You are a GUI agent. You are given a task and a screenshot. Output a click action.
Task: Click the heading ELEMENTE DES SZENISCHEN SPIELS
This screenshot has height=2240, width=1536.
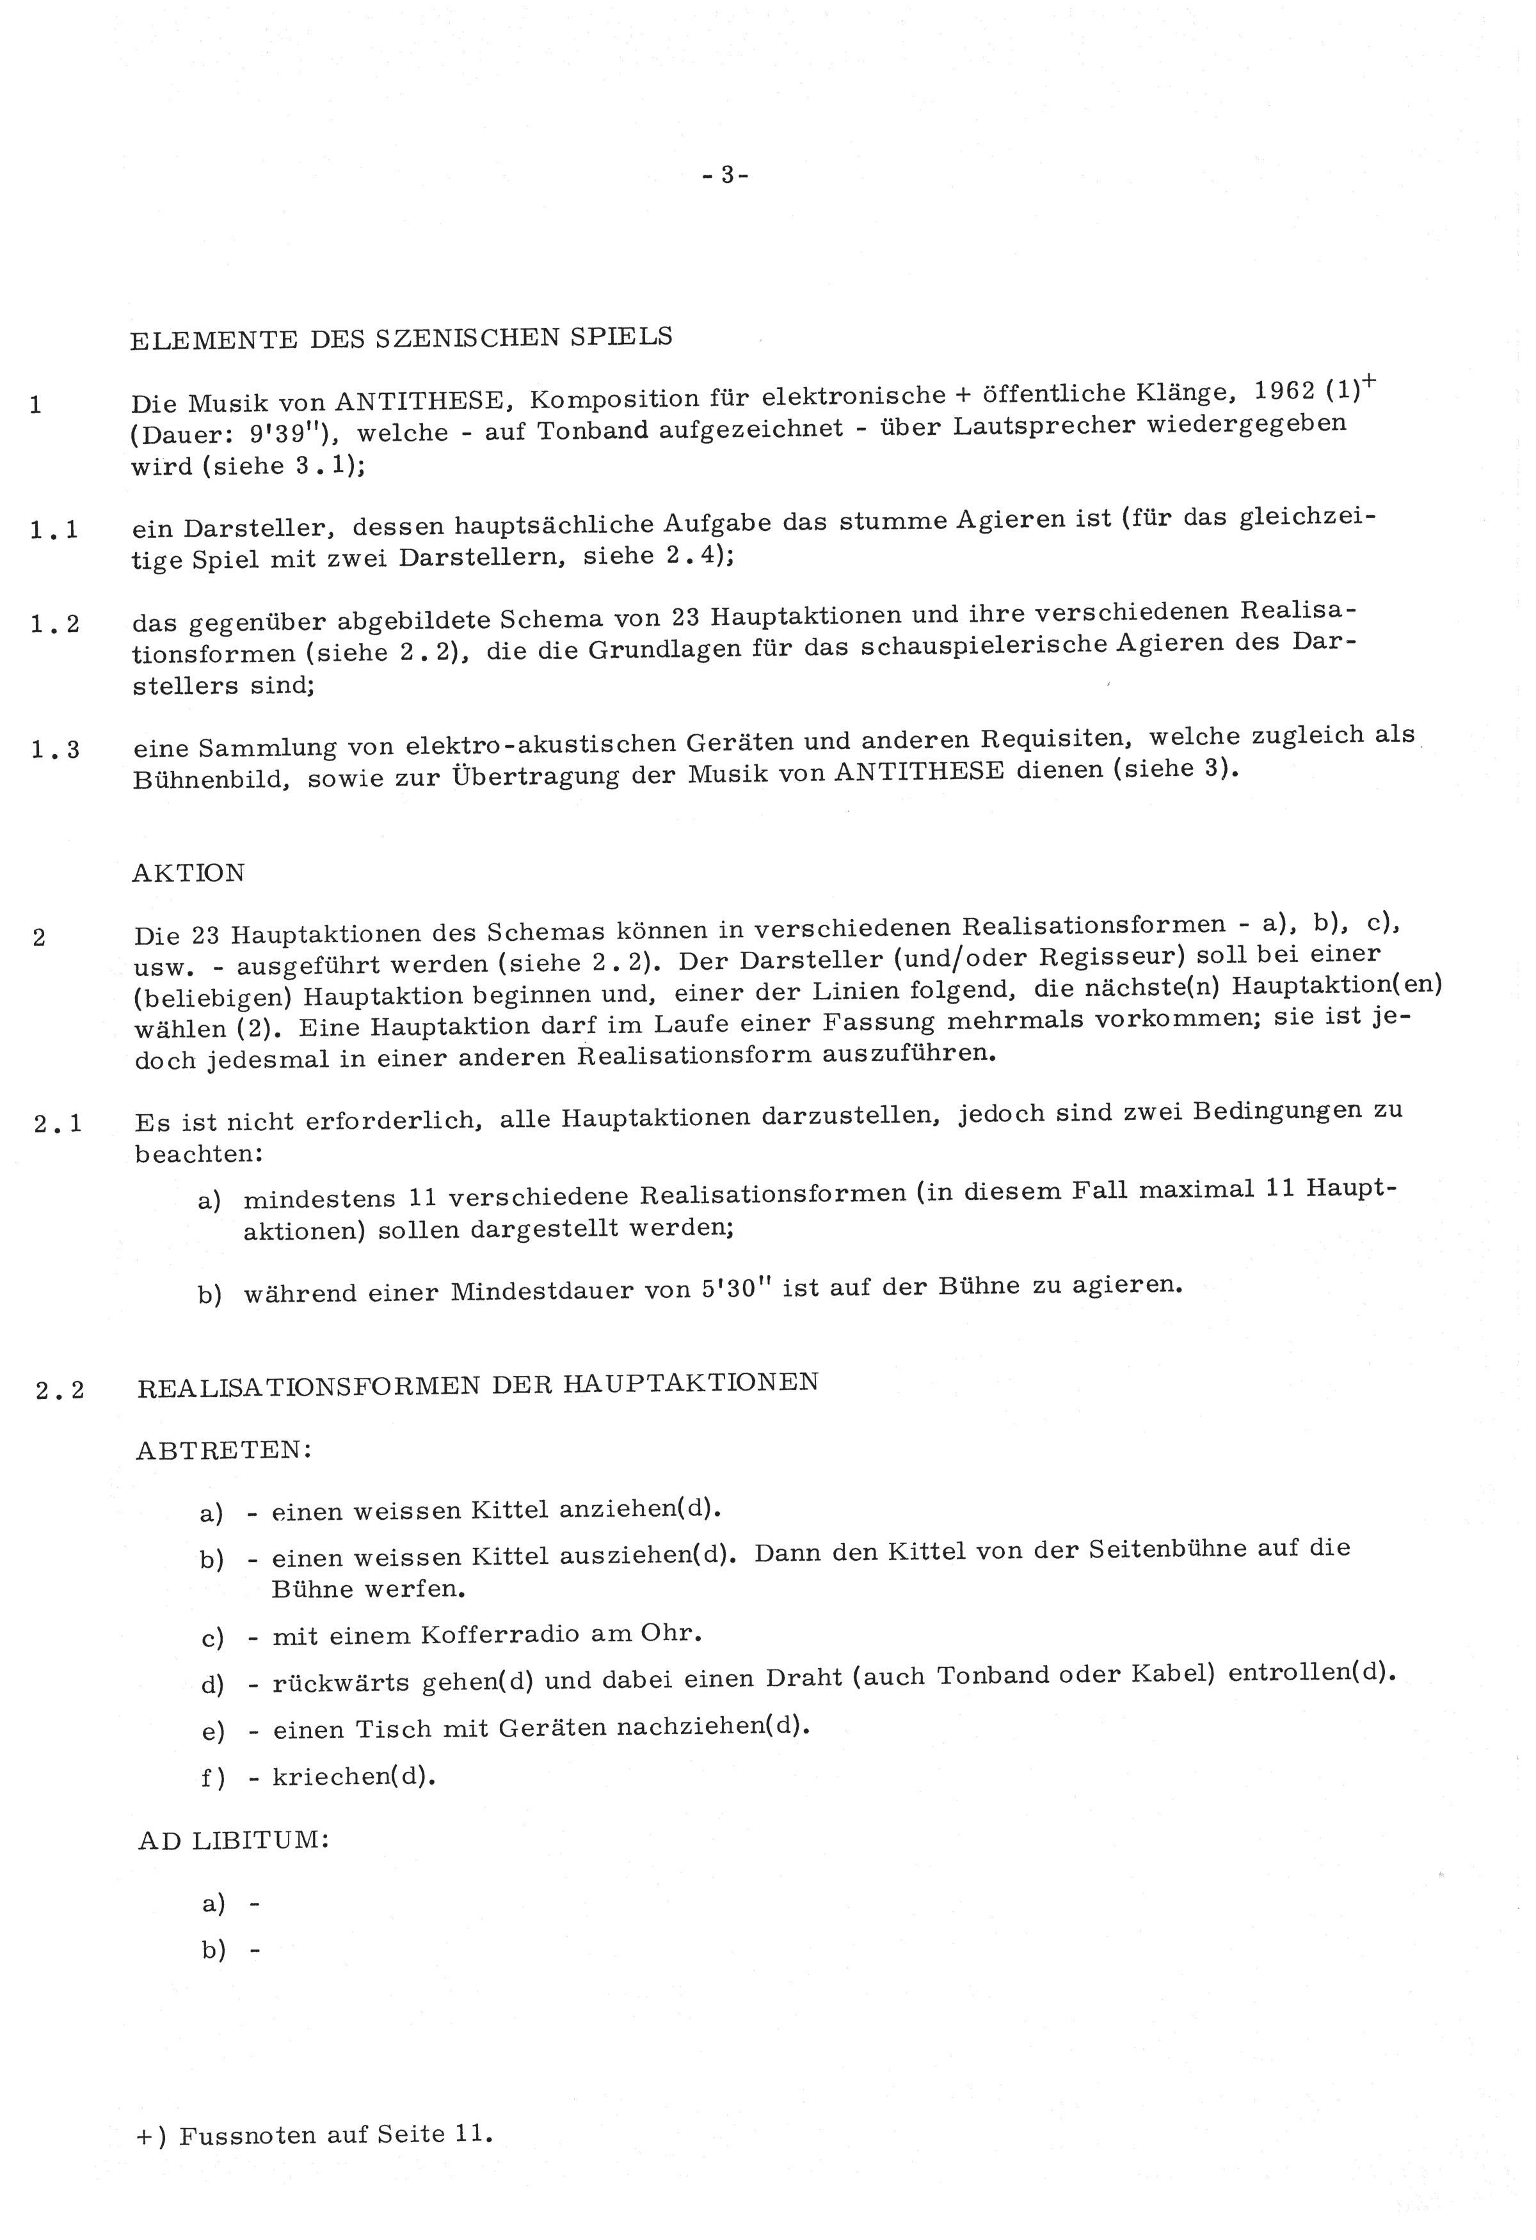(401, 337)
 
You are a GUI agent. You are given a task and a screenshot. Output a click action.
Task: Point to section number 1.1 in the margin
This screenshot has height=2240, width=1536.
(54, 529)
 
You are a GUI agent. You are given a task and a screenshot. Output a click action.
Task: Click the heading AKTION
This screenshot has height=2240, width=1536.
(189, 873)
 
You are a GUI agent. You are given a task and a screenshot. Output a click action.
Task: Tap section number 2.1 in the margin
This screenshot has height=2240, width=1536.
(58, 1123)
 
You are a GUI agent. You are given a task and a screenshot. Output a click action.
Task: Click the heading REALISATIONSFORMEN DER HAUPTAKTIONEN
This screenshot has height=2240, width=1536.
(478, 1385)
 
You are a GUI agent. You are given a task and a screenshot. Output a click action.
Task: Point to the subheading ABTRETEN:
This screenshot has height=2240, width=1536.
(224, 1451)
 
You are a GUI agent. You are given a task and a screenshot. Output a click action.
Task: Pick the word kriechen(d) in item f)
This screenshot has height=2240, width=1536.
(354, 1776)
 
